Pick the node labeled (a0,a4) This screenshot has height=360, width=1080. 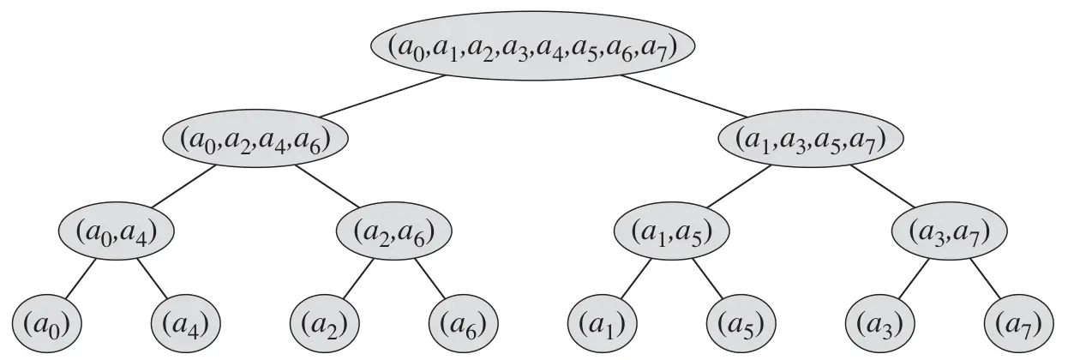tap(117, 232)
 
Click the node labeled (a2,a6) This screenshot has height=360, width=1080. tap(394, 232)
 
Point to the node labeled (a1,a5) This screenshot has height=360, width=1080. tap(673, 232)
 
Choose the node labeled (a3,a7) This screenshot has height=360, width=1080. tap(951, 232)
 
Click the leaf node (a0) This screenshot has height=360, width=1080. tap(46, 324)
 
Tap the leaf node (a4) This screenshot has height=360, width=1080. tap(186, 324)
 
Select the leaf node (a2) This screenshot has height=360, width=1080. tap(325, 324)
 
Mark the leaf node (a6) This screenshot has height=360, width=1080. tap(464, 324)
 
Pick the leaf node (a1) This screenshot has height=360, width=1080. tap(603, 324)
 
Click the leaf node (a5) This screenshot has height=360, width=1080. tap(741, 324)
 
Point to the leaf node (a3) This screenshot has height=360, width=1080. tap(880, 324)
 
